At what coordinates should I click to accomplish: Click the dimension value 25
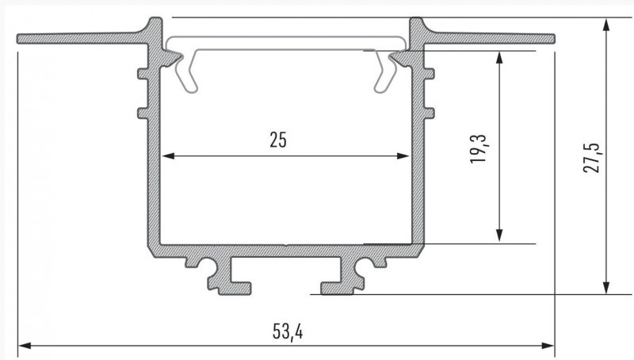click(x=278, y=140)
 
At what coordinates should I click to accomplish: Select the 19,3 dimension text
click(x=479, y=149)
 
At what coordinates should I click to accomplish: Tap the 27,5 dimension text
click(x=592, y=158)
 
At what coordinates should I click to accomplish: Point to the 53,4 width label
click(x=288, y=331)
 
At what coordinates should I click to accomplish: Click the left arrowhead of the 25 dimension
click(x=168, y=155)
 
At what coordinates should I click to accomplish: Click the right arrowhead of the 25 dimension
click(x=403, y=155)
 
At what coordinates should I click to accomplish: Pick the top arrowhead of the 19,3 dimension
click(x=499, y=58)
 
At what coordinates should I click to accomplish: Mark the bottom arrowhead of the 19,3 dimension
click(x=499, y=235)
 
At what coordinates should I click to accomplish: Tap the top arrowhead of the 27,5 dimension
click(x=605, y=25)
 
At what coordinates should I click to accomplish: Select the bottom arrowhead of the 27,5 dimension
click(x=605, y=287)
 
